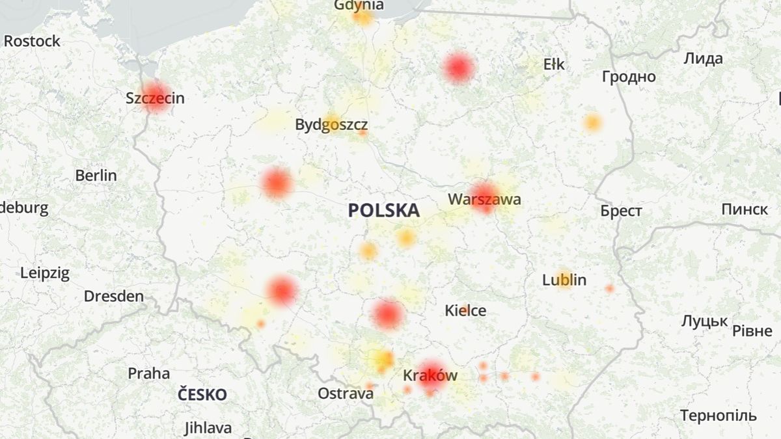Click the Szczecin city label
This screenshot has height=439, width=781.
pos(155,99)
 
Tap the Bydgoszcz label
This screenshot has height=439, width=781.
pos(331,125)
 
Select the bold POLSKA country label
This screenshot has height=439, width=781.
pos(383,211)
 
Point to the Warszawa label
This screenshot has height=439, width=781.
pos(484,200)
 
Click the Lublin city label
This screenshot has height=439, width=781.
pos(564,280)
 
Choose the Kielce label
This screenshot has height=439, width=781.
pos(465,311)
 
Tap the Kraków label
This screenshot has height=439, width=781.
pos(430,376)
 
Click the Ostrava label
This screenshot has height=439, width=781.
pos(346,393)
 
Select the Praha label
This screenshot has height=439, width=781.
pos(148,374)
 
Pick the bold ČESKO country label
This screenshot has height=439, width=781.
pos(202,395)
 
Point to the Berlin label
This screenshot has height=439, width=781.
pos(96,176)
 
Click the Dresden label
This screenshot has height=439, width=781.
pos(114,297)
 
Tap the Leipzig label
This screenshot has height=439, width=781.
pos(45,273)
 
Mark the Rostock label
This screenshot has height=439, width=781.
pos(32,42)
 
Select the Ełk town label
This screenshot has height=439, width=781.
pos(554,64)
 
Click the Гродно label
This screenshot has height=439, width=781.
pos(629,77)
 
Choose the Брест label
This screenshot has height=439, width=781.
pos(621,211)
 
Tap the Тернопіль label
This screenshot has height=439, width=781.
pos(719,416)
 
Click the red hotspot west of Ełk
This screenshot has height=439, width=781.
pos(458,68)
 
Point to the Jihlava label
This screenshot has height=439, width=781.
pos(208,429)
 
